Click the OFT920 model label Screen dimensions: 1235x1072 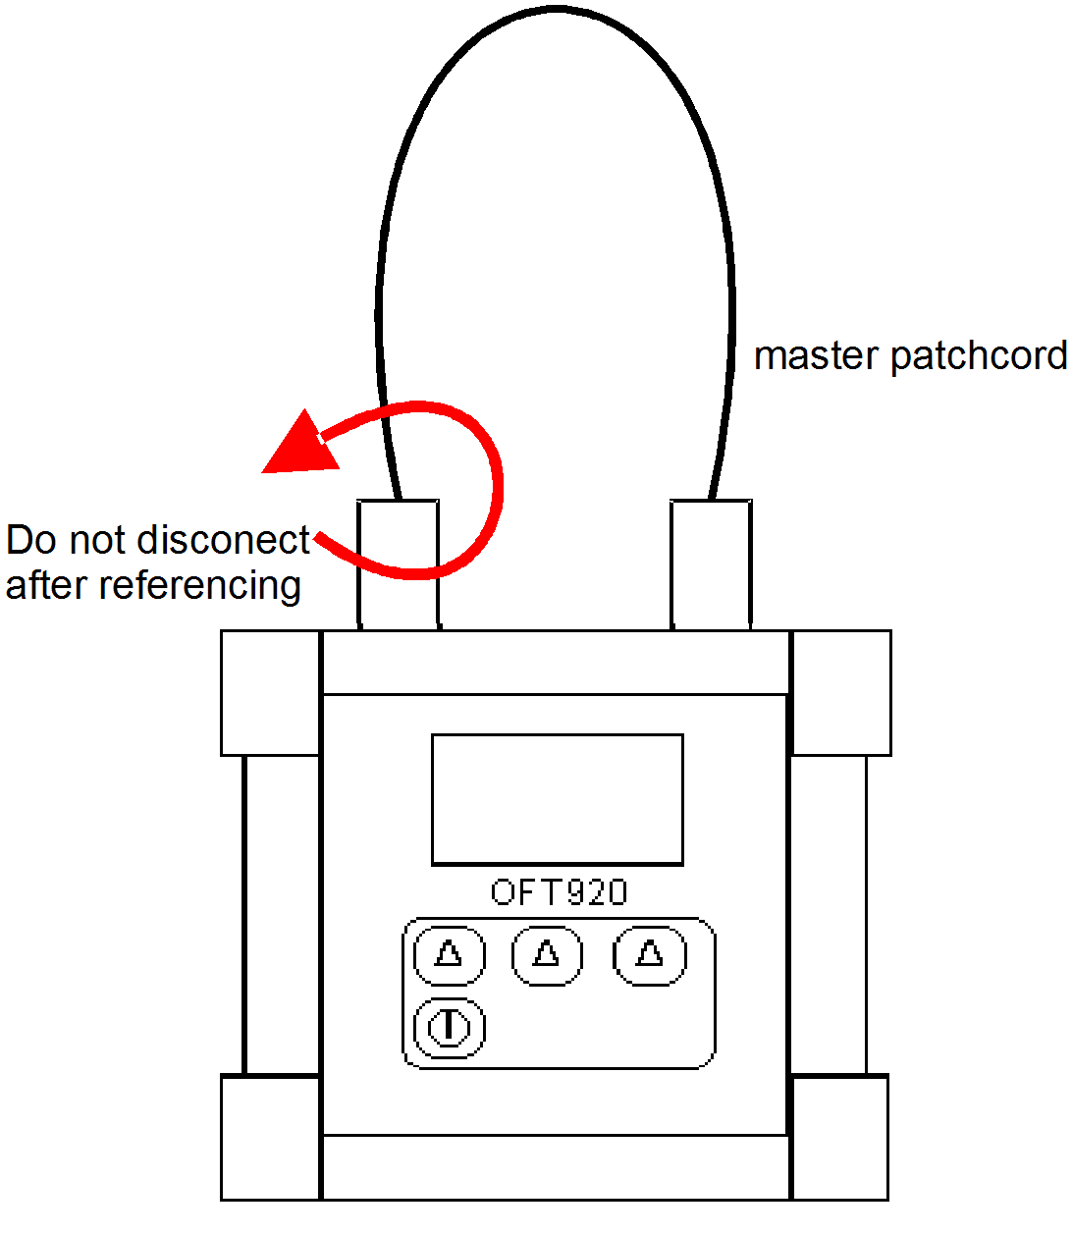559,891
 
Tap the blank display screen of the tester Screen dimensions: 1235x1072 558,799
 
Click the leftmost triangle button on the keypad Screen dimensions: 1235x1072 450,954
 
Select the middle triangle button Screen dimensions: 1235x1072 547,954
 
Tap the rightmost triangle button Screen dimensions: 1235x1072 649,954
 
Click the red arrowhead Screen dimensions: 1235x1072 297,447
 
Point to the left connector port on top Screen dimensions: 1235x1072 398,564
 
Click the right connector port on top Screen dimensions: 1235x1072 712,564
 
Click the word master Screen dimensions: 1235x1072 817,355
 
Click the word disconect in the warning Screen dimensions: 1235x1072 224,540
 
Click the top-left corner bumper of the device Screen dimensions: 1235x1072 271,693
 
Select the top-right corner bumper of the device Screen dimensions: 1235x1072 841,693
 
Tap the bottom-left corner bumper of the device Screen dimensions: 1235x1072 271,1137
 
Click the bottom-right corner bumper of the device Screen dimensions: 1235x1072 839,1137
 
